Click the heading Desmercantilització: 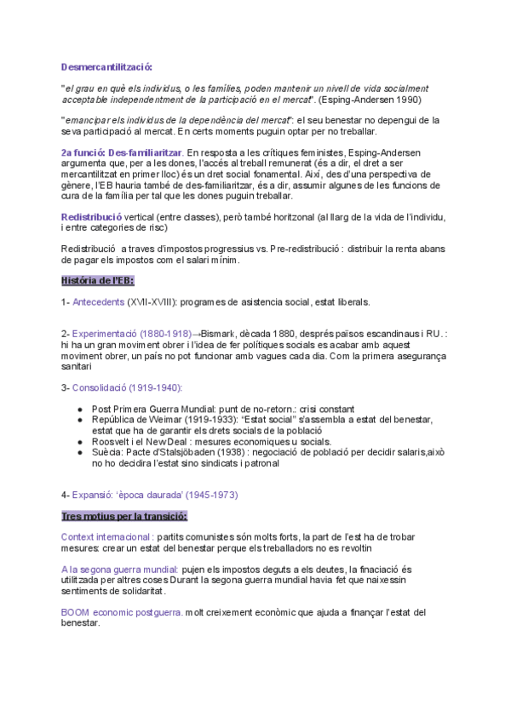coord(106,67)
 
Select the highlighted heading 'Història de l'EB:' coord(97,280)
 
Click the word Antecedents coord(98,301)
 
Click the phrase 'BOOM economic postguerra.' coord(122,611)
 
